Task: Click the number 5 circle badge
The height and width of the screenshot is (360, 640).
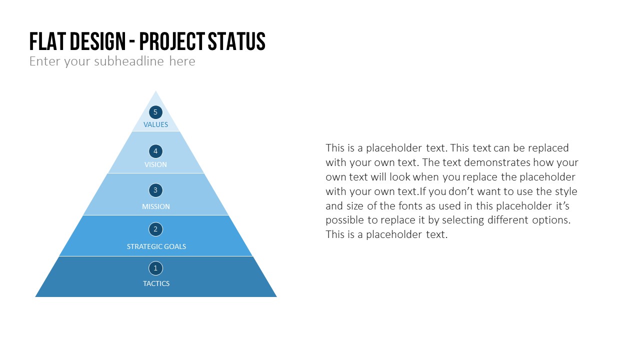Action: point(155,112)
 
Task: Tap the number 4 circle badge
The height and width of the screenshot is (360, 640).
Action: point(155,151)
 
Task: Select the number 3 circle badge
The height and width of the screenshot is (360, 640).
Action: point(155,190)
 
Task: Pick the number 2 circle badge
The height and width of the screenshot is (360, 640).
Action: point(155,229)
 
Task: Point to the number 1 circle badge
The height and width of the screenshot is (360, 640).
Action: point(155,268)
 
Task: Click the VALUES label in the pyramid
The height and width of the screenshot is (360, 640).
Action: point(155,124)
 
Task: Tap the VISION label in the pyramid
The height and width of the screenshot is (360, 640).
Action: point(155,164)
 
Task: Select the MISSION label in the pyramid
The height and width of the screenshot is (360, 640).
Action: point(156,206)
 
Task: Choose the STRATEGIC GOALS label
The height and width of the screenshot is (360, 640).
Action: point(156,246)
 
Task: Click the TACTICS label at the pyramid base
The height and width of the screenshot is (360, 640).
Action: point(156,283)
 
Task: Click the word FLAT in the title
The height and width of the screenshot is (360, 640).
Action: point(48,41)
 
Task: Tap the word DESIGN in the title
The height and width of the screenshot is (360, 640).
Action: point(97,41)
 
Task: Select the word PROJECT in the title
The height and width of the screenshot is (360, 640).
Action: point(172,41)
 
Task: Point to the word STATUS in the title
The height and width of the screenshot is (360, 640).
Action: point(236,41)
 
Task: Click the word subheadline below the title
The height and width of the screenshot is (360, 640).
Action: point(129,61)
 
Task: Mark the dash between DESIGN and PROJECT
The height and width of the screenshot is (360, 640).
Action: point(132,43)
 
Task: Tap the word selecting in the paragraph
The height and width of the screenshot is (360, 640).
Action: point(463,220)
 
